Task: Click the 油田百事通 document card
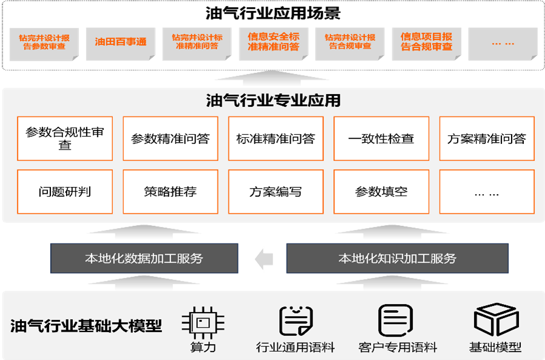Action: point(121,42)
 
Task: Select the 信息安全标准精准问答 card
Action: point(273,42)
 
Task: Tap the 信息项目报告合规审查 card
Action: point(426,42)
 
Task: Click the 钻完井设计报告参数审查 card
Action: point(44,42)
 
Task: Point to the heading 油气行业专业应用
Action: point(272,100)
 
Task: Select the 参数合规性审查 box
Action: point(65,138)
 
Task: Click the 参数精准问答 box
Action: point(170,138)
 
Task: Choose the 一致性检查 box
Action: point(381,138)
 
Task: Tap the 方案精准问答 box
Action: point(486,138)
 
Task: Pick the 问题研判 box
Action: point(65,192)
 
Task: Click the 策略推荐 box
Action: point(170,192)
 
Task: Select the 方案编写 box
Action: point(276,192)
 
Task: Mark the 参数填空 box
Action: point(381,192)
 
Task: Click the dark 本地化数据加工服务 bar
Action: point(144,259)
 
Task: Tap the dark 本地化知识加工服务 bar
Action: point(397,259)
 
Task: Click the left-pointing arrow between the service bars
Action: point(263,259)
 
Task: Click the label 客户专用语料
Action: point(398,348)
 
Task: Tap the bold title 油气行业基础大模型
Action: point(86,326)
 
